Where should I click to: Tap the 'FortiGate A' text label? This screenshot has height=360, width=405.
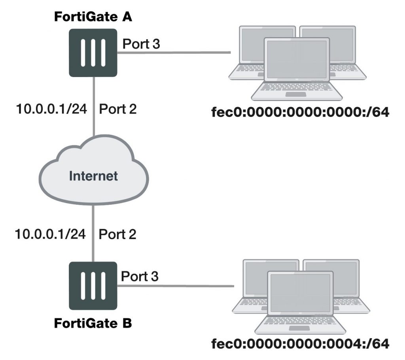click(93, 18)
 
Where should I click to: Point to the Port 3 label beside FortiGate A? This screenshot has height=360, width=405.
click(141, 44)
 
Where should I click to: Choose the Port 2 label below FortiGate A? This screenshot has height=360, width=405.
click(118, 109)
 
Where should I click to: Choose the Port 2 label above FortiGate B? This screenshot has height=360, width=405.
click(117, 235)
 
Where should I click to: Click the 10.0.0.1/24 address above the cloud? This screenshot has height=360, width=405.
click(51, 109)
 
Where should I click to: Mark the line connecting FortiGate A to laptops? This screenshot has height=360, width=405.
click(174, 52)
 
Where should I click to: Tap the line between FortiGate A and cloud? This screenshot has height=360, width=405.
click(93, 107)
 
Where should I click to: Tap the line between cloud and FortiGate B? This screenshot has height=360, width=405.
click(93, 233)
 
